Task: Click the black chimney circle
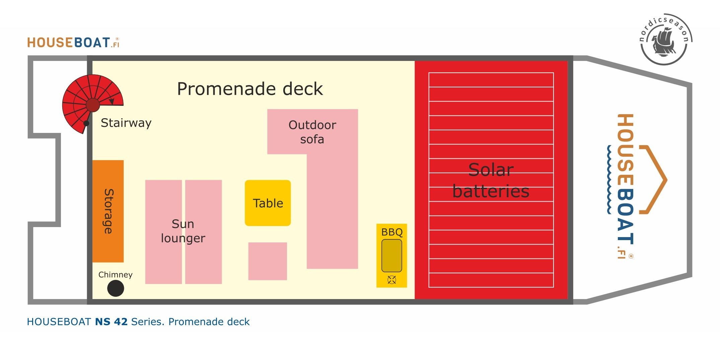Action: (x=116, y=288)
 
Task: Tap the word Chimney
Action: (x=116, y=275)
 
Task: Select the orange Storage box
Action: (x=108, y=211)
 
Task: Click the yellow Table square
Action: (x=268, y=203)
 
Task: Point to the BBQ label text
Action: (x=392, y=232)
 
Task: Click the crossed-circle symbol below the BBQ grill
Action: (x=392, y=280)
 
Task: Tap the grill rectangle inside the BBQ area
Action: (x=392, y=256)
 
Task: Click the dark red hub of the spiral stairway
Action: (x=93, y=105)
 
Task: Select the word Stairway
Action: (x=126, y=123)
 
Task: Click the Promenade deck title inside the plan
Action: (x=250, y=89)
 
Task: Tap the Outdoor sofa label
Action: (x=312, y=132)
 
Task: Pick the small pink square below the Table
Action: (x=268, y=261)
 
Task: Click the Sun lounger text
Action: (x=183, y=231)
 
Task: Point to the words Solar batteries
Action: (x=491, y=181)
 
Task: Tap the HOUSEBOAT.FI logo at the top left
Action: (x=73, y=43)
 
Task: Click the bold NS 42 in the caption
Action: (x=112, y=322)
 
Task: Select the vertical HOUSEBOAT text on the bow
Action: (x=625, y=186)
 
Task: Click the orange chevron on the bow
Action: (x=653, y=179)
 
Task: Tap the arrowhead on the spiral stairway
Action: (x=112, y=101)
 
